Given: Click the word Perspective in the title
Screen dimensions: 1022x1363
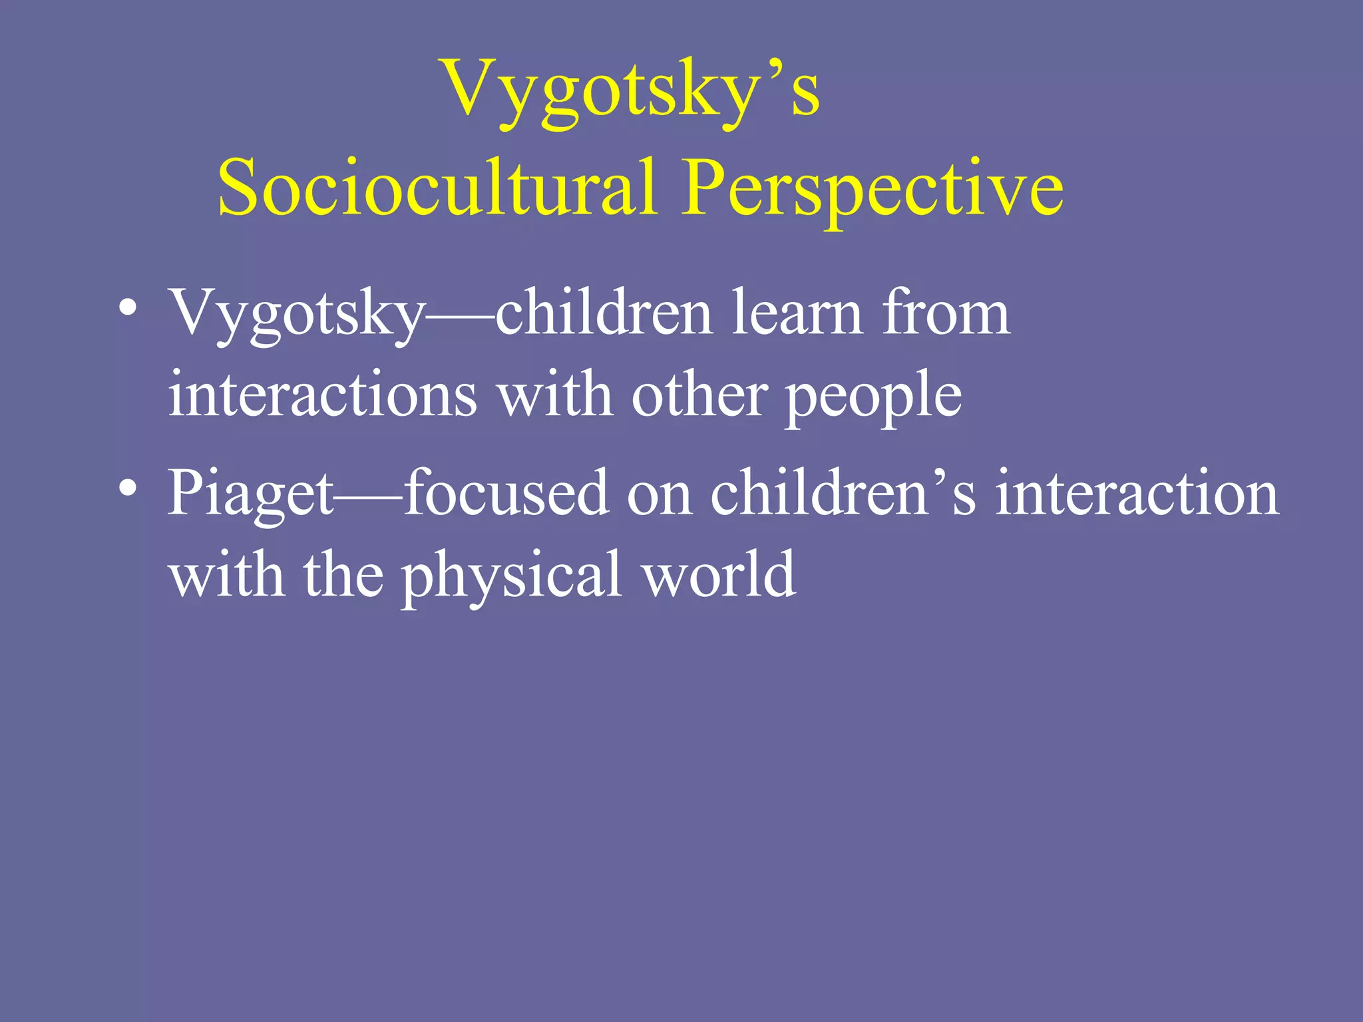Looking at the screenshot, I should click(x=872, y=189).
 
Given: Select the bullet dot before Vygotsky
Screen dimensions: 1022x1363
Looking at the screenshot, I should click(x=128, y=309).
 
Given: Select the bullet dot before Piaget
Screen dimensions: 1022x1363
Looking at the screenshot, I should click(x=128, y=489).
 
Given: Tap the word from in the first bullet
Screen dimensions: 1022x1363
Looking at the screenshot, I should click(x=945, y=313).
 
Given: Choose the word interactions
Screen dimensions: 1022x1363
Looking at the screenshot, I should click(x=322, y=395).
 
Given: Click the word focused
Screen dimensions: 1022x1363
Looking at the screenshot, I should click(x=506, y=494).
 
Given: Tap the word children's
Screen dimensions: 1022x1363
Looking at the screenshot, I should click(x=843, y=494).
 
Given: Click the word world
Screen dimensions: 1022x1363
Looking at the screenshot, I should click(x=719, y=575).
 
